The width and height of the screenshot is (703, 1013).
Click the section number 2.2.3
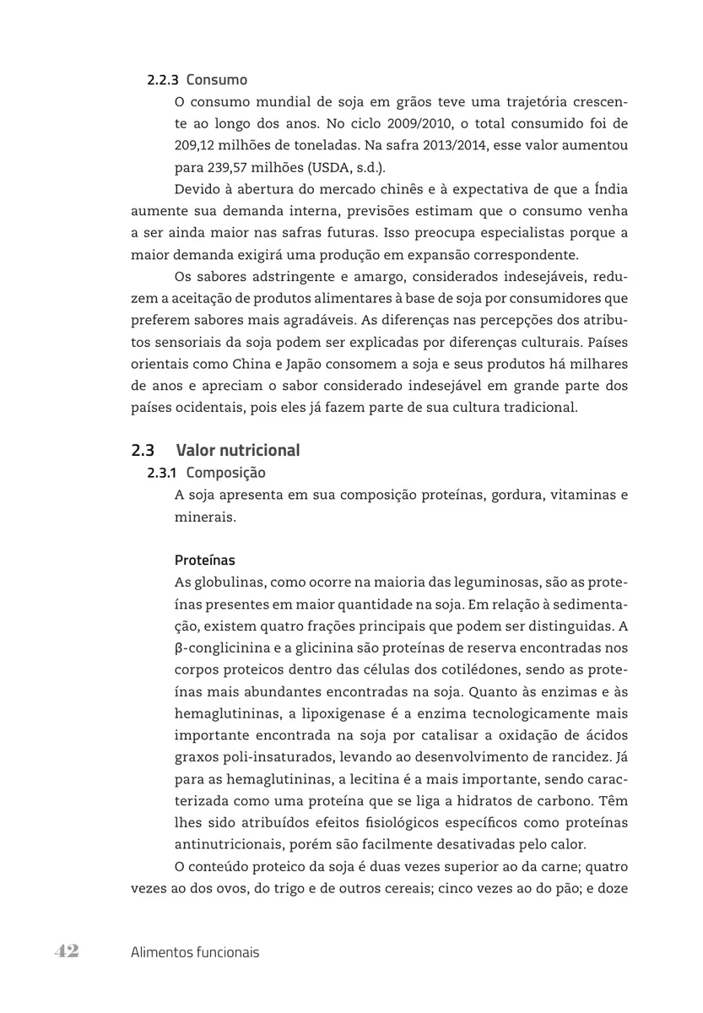click(x=163, y=80)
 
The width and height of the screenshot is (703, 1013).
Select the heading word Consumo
click(x=217, y=80)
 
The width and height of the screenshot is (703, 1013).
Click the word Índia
click(x=607, y=189)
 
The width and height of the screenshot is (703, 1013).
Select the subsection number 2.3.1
click(x=162, y=473)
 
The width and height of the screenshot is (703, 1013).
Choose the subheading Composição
click(x=225, y=473)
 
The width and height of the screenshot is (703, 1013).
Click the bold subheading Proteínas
click(x=205, y=560)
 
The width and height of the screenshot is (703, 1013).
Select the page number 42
click(x=67, y=951)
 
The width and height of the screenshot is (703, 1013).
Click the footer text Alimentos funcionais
click(x=195, y=952)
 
